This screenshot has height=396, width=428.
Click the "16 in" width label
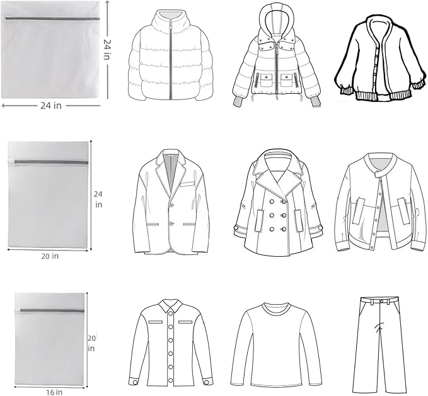coord(54,392)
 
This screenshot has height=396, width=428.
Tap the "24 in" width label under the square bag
coord(51,106)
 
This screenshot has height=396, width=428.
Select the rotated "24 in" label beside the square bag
coord(107,49)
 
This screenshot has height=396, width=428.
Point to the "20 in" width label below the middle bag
coord(50,256)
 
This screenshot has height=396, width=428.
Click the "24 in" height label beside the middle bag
coord(98,200)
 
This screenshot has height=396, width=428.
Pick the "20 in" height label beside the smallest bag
coord(91,343)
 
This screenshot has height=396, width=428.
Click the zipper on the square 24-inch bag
coord(51,18)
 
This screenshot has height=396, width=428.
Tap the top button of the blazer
coord(171,205)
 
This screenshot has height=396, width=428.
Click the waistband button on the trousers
coord(381,301)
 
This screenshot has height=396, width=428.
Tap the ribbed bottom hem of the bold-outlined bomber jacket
coord(383,96)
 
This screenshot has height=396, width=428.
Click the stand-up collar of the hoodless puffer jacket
coord(170,19)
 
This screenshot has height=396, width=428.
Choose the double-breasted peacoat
coord(279,203)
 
